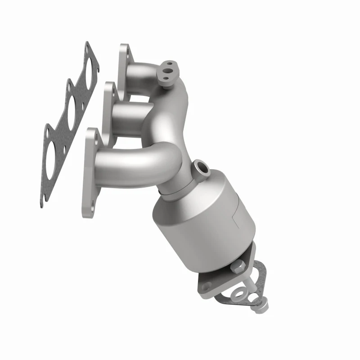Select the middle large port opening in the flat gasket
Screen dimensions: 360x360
tap(72, 108)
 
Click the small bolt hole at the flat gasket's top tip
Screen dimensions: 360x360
tap(87, 47)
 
